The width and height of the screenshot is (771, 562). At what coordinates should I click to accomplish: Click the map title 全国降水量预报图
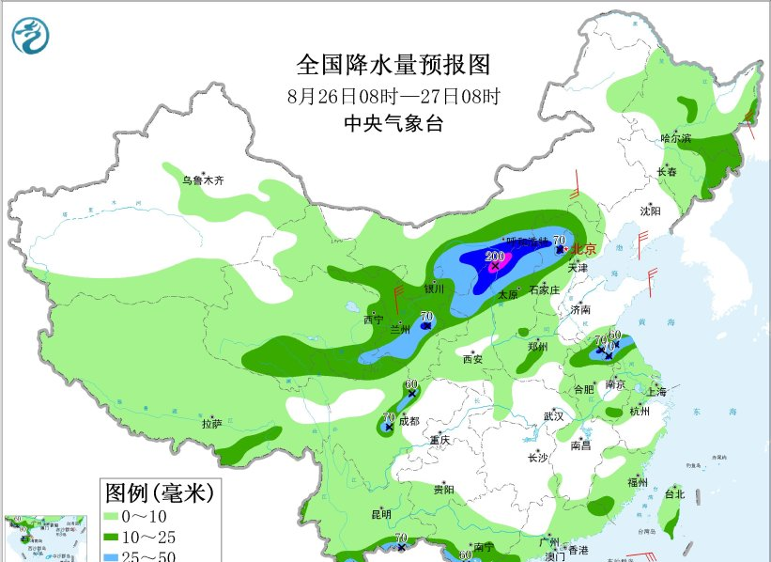393,65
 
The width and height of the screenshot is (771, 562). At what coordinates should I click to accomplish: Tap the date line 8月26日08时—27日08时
393,96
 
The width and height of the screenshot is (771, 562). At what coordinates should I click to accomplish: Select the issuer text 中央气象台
393,123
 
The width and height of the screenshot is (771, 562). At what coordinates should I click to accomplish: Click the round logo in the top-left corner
30,35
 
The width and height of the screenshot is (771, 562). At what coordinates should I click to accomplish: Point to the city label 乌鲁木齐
204,180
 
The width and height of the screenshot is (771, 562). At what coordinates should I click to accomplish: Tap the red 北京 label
584,249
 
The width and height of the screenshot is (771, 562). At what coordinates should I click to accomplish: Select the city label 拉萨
211,424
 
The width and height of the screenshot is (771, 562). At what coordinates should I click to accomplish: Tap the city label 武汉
553,415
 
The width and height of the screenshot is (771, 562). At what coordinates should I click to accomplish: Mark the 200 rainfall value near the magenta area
495,257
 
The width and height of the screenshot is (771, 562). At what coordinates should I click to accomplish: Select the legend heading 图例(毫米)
160,492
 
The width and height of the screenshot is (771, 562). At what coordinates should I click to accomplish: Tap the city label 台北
674,493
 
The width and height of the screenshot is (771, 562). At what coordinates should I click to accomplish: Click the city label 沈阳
651,211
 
